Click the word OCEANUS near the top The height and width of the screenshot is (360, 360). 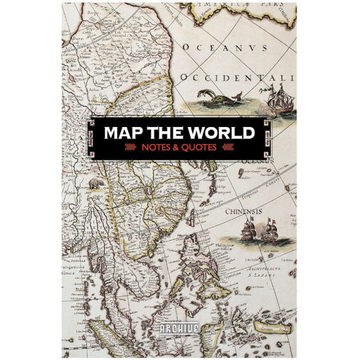pyautogui.click(x=225, y=48)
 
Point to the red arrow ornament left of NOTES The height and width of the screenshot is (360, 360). pyautogui.click(x=131, y=148)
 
